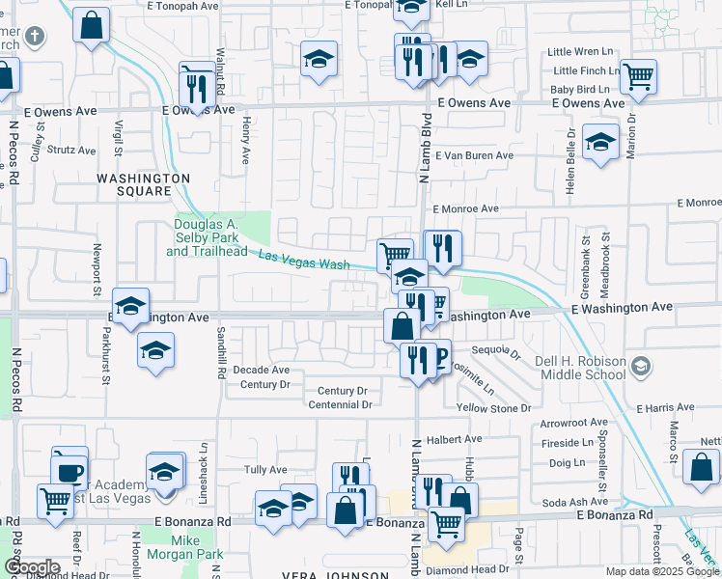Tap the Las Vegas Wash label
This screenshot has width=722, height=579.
(x=303, y=260)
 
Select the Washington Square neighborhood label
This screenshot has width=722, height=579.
(x=142, y=184)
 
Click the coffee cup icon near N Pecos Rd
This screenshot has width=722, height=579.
(x=69, y=469)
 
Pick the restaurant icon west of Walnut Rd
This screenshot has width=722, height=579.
(x=196, y=86)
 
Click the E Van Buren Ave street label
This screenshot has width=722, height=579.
(x=474, y=155)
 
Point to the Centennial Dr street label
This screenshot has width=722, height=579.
(x=339, y=405)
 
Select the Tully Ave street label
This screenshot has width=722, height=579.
(x=265, y=470)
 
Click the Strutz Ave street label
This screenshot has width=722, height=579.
(x=72, y=151)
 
